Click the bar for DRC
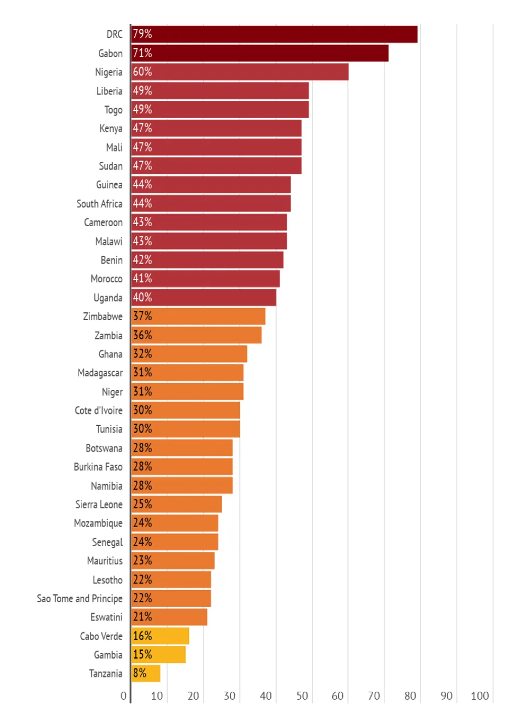tap(274, 34)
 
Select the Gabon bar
tap(260, 53)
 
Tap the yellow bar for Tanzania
tap(145, 673)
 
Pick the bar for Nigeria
tap(240, 72)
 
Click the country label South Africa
tap(99, 204)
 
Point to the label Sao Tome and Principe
tap(80, 599)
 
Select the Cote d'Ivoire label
tap(98, 410)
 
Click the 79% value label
tap(142, 34)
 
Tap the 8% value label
tap(140, 673)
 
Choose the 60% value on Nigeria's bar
tap(142, 72)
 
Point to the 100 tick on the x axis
tap(480, 696)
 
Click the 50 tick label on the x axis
tap(302, 696)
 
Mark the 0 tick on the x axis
tap(124, 696)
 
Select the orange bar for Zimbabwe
tap(198, 317)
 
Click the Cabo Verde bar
tap(160, 636)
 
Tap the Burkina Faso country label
tap(98, 467)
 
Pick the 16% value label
tap(142, 636)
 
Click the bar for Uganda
tap(203, 297)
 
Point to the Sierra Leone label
tap(99, 505)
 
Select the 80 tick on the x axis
tap(410, 696)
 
